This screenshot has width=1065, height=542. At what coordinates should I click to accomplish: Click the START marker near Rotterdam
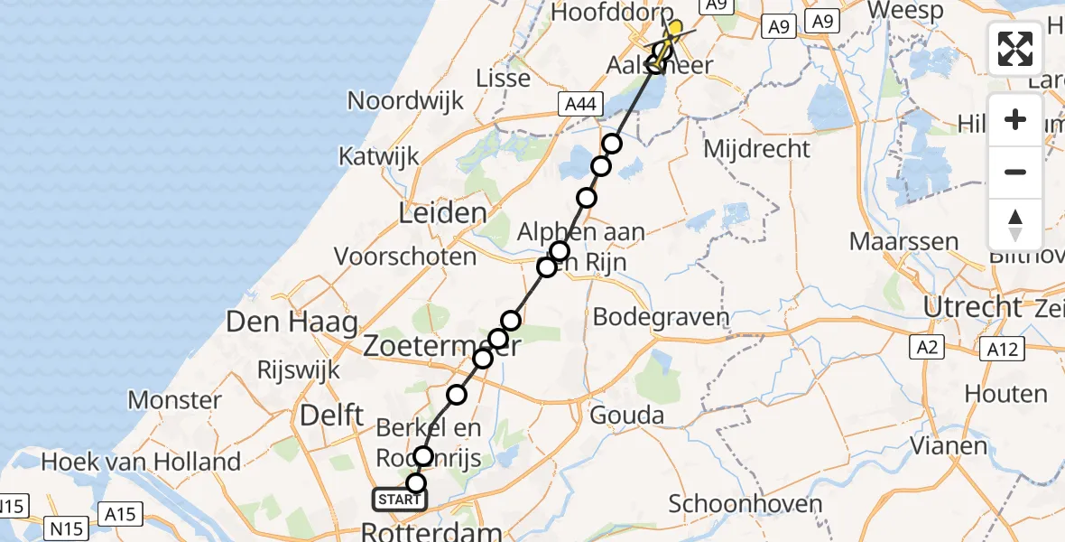(398, 500)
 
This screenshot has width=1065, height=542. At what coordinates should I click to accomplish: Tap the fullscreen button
(1015, 49)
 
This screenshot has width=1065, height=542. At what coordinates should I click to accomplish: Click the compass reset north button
(1015, 224)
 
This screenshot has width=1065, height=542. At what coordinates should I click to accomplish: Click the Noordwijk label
(405, 100)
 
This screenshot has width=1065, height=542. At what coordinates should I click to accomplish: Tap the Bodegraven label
(661, 317)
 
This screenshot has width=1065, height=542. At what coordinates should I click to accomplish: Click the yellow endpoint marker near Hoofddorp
(674, 27)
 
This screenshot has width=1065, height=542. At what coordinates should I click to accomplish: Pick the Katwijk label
(379, 155)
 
